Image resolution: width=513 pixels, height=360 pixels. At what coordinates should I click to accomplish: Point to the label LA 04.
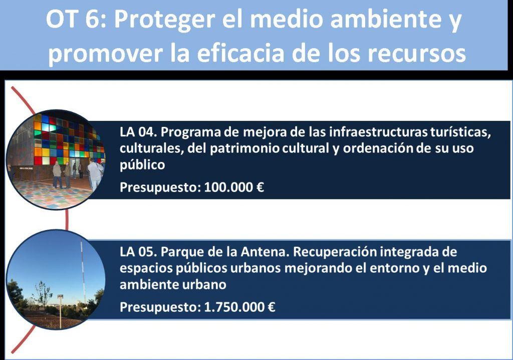pos(139,132)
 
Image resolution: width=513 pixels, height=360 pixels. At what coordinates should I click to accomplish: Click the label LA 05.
pos(139,252)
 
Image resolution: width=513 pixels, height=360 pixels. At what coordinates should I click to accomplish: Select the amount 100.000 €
pos(234,187)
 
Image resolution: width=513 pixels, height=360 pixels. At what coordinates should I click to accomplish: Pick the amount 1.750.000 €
pos(239,307)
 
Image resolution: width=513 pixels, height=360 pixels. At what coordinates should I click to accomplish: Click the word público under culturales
pos(142,165)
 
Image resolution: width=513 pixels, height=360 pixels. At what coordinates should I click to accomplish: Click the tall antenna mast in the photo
pos(83,272)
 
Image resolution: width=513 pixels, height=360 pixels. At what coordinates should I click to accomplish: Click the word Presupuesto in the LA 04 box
pos(160,188)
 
